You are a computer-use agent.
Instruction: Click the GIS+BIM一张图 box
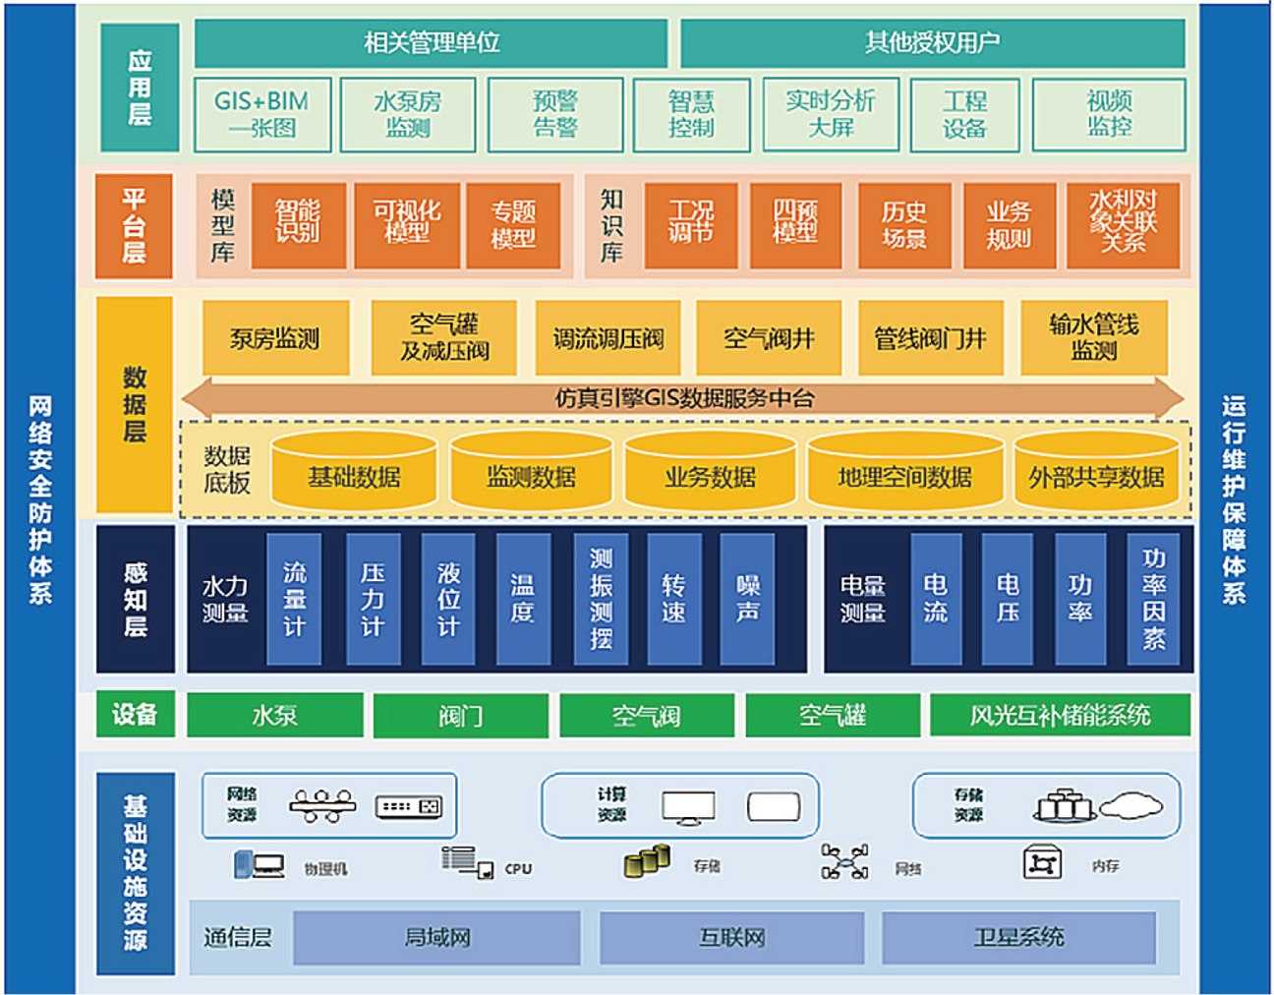pos(261,115)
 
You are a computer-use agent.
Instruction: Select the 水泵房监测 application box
pos(408,115)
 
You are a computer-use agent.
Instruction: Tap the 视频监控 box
pos(1109,115)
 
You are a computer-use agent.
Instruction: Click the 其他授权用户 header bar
pos(932,42)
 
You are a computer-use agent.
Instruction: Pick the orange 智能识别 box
pos(298,225)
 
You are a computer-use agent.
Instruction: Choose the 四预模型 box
pos(795,225)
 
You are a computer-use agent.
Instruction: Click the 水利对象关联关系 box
pos(1123,225)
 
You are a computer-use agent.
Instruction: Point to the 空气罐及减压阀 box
pos(444,338)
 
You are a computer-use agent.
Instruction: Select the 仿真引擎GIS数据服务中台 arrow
pos(683,398)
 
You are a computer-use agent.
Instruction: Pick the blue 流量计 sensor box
pos(294,599)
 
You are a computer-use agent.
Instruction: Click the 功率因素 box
pos(1153,599)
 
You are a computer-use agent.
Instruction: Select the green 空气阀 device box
pos(646,715)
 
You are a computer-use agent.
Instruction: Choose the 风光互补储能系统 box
pos(1060,715)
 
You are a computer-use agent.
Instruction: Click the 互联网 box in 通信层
pos(731,937)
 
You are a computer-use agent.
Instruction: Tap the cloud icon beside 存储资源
pos(1131,807)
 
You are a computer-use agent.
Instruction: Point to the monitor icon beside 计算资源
pos(688,807)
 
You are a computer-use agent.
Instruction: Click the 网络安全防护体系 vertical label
pos(39,499)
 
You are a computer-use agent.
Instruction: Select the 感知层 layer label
pos(135,599)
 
